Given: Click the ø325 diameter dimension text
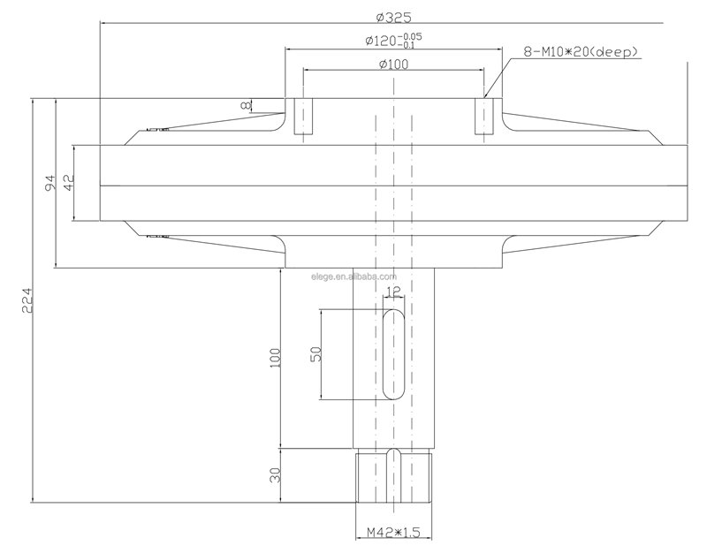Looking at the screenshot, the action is [393, 18].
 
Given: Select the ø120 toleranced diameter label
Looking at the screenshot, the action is [393, 41].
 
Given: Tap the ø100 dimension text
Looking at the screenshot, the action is [393, 64].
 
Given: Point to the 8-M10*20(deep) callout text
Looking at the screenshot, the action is [581, 52].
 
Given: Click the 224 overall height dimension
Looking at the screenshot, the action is [27, 300].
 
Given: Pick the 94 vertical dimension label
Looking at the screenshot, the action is [50, 183].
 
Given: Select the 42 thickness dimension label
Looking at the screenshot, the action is [69, 183].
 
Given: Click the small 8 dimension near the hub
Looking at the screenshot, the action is [246, 105].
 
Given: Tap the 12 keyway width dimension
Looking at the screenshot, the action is [393, 292].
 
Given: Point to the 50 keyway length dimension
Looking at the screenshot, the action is [316, 354].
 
